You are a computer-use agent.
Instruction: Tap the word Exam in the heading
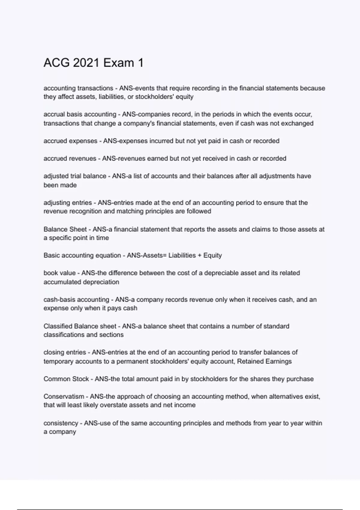[118, 63]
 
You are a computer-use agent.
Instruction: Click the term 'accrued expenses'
[70, 141]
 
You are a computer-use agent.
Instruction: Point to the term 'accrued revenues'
[70, 158]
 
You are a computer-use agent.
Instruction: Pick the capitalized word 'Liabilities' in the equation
[182, 256]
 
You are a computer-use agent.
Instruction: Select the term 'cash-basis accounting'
[76, 300]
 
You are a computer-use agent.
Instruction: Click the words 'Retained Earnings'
[264, 361]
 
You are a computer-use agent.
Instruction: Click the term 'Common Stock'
[66, 379]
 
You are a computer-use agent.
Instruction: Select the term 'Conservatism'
[64, 397]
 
